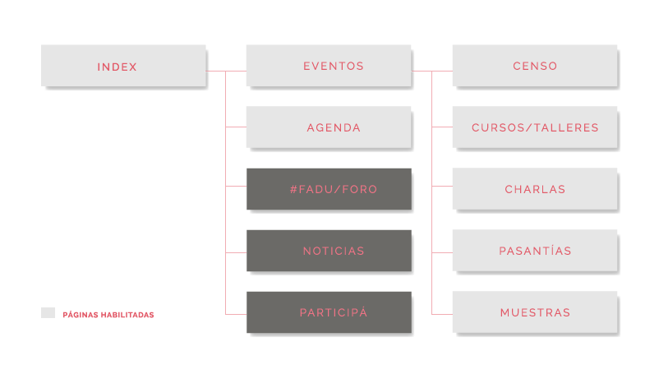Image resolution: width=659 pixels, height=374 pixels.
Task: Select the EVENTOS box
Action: click(329, 66)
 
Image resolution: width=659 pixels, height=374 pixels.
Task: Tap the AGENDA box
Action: click(329, 127)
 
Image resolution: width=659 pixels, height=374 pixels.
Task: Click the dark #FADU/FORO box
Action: click(329, 189)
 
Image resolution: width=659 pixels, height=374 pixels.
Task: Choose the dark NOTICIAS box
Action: click(329, 251)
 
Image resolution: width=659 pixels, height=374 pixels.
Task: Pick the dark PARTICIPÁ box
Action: click(329, 312)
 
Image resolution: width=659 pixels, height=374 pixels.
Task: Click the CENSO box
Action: click(534, 66)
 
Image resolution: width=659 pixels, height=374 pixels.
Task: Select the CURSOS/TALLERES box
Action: click(534, 127)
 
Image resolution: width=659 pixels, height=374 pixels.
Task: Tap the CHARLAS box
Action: click(534, 189)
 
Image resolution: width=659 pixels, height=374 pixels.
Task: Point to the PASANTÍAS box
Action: click(534, 251)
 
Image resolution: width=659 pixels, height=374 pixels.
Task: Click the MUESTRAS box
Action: click(534, 312)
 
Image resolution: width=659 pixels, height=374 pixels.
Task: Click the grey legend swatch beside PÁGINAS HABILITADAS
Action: click(48, 313)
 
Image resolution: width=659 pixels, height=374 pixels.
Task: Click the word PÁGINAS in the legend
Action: click(77, 315)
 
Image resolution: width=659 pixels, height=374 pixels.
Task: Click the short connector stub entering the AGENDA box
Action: click(236, 127)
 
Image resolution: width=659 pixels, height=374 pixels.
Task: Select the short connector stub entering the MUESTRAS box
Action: click(442, 314)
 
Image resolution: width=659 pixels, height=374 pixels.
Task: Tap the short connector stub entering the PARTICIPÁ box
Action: click(236, 314)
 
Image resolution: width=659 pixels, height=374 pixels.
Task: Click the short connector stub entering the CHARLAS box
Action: click(442, 187)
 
